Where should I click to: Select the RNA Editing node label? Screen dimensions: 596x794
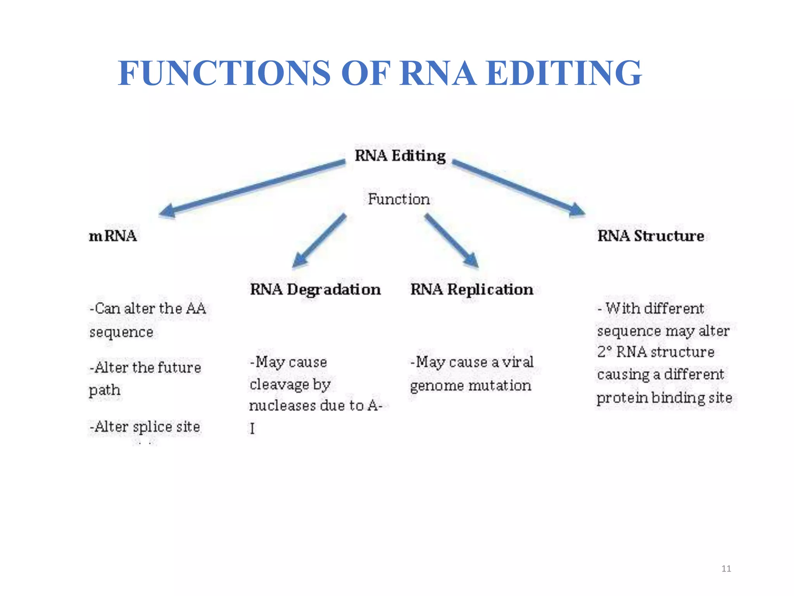pos(400,156)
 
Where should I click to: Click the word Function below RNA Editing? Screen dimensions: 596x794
pos(399,199)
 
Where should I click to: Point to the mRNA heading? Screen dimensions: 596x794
pos(113,236)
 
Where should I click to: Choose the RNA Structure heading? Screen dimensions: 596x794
pos(651,236)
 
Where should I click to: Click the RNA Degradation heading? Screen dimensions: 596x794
pos(315,289)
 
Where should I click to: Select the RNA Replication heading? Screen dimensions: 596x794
pos(471,289)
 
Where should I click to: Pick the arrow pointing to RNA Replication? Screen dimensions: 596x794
pos(452,241)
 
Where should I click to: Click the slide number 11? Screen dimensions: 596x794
pos(726,568)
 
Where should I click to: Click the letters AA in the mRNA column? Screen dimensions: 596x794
pos(196,308)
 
